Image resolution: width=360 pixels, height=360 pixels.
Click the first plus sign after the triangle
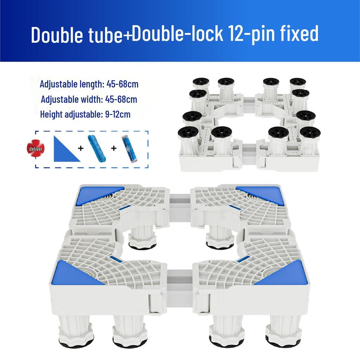[81, 149]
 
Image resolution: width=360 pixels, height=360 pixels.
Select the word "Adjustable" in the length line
[58, 84]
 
